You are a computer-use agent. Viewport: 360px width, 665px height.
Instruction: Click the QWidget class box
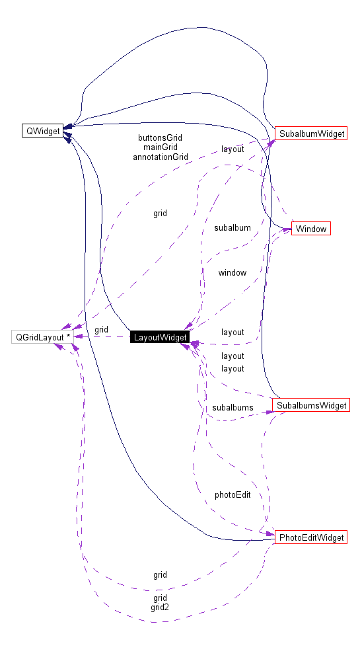(43, 131)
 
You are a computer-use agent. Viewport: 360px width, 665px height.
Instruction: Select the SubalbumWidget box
(311, 134)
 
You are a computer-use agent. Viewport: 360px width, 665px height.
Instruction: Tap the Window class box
(310, 229)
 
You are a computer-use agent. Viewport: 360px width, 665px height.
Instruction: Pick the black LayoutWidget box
(161, 337)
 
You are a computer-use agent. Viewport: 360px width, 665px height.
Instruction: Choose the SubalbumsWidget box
(311, 405)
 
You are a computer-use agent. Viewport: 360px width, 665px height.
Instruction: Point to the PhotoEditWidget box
(311, 537)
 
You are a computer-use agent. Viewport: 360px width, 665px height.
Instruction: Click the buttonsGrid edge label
(160, 138)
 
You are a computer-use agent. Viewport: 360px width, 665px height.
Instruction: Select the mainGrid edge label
(160, 147)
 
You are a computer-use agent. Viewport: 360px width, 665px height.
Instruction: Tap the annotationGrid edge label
(160, 157)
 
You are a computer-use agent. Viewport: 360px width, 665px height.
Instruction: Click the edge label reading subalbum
(232, 227)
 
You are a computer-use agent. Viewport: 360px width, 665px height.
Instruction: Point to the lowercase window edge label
(232, 272)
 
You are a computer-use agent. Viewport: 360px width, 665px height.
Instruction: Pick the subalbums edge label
(233, 407)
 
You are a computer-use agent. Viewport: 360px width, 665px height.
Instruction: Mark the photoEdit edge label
(233, 494)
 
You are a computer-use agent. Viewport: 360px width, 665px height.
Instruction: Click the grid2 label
(160, 607)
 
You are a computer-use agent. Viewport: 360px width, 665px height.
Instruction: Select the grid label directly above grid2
(160, 598)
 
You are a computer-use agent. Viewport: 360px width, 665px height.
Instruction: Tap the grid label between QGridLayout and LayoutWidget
(101, 329)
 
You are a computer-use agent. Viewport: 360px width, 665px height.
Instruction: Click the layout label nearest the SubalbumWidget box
(233, 149)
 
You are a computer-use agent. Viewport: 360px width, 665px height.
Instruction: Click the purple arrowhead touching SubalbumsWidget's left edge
(270, 412)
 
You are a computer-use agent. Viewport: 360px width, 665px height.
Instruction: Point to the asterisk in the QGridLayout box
(68, 336)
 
